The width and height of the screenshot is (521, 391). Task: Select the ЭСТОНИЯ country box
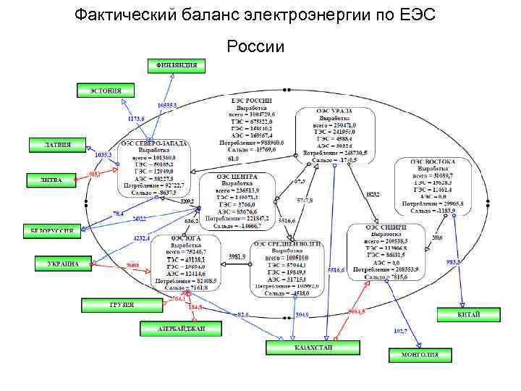[x=106, y=91]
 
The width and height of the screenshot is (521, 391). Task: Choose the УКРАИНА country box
[x=64, y=264]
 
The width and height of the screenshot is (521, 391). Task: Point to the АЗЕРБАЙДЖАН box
[x=172, y=329]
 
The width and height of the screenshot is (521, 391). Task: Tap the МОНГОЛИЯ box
[x=414, y=355]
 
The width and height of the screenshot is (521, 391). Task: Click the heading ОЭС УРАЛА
[x=334, y=111]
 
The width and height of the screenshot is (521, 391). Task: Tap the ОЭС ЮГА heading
[x=186, y=237]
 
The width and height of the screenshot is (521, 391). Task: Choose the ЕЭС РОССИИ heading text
[x=251, y=101]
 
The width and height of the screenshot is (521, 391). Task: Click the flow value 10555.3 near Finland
[x=166, y=105]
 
